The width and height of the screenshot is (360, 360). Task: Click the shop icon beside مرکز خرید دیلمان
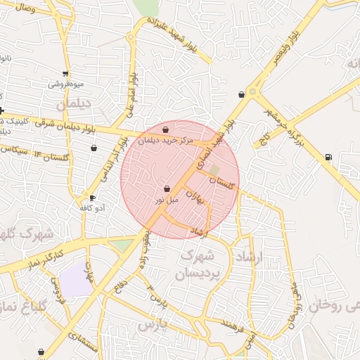point(165,130)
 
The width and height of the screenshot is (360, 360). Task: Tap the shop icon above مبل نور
point(167,189)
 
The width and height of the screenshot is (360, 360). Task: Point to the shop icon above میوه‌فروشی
point(65,73)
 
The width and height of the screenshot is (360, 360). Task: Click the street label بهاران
point(203,200)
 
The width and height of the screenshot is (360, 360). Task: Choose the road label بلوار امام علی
point(131,96)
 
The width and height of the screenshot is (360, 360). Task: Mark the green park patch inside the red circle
point(214,169)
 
